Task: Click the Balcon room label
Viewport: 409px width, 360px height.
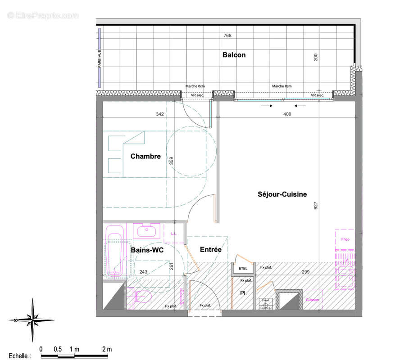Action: click(234, 55)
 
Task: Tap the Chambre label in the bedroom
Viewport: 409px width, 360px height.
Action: click(145, 157)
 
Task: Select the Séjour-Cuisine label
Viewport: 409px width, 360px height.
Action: click(282, 194)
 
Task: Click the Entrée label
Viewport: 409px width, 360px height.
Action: click(210, 249)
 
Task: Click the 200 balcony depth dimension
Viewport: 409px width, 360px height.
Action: click(316, 57)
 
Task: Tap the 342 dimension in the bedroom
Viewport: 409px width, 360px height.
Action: click(159, 114)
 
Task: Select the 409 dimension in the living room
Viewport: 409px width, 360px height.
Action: click(287, 114)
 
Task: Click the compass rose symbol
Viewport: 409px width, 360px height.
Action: click(32, 319)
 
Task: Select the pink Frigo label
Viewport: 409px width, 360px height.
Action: click(345, 239)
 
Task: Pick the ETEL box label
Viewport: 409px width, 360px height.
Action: click(243, 269)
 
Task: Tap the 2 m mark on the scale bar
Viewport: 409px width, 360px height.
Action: click(107, 349)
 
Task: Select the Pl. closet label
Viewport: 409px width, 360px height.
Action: click(243, 293)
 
